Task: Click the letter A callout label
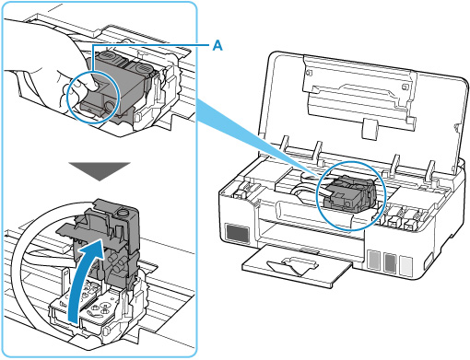coord(217,46)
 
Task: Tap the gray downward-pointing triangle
coord(100,171)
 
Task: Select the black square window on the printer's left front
coord(238,234)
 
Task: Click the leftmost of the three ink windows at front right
coord(374,261)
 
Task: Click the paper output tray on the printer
coord(297,264)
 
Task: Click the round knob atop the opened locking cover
coord(123,212)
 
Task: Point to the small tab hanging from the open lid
coord(370,128)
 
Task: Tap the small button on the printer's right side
coord(429,261)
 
